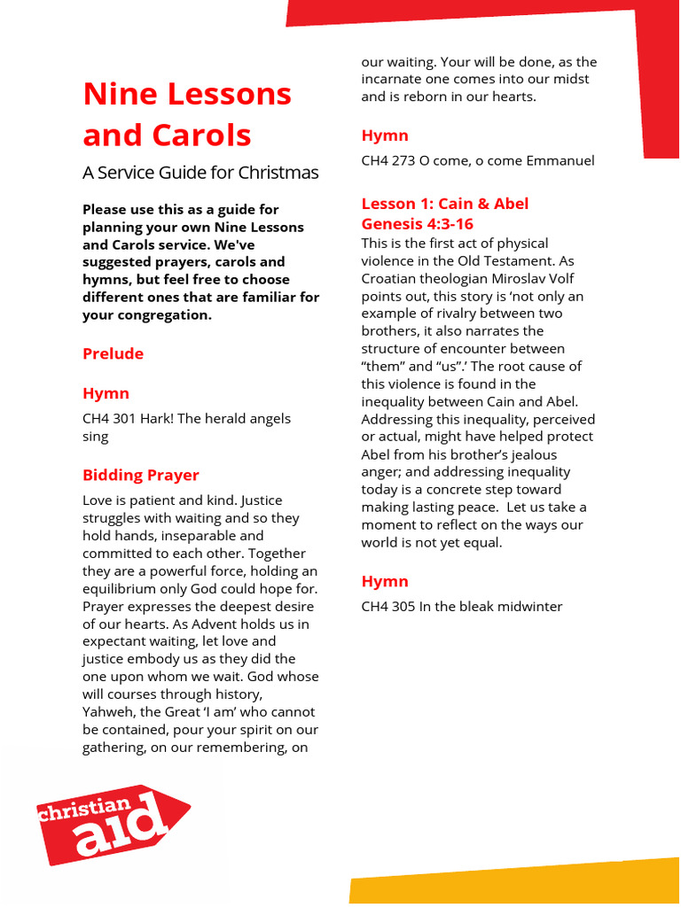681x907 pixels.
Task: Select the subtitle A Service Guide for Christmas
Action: tap(200, 173)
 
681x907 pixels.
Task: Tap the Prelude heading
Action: tap(113, 353)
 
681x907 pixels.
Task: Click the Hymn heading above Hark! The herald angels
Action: tap(106, 393)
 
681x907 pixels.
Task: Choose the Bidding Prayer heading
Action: tap(140, 475)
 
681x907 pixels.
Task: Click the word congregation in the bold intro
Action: tap(160, 315)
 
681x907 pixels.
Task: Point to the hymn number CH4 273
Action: tap(387, 160)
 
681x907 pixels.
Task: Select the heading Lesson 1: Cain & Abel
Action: tap(444, 204)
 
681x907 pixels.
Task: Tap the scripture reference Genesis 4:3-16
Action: tap(417, 224)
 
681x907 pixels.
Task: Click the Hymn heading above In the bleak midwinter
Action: tap(385, 581)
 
